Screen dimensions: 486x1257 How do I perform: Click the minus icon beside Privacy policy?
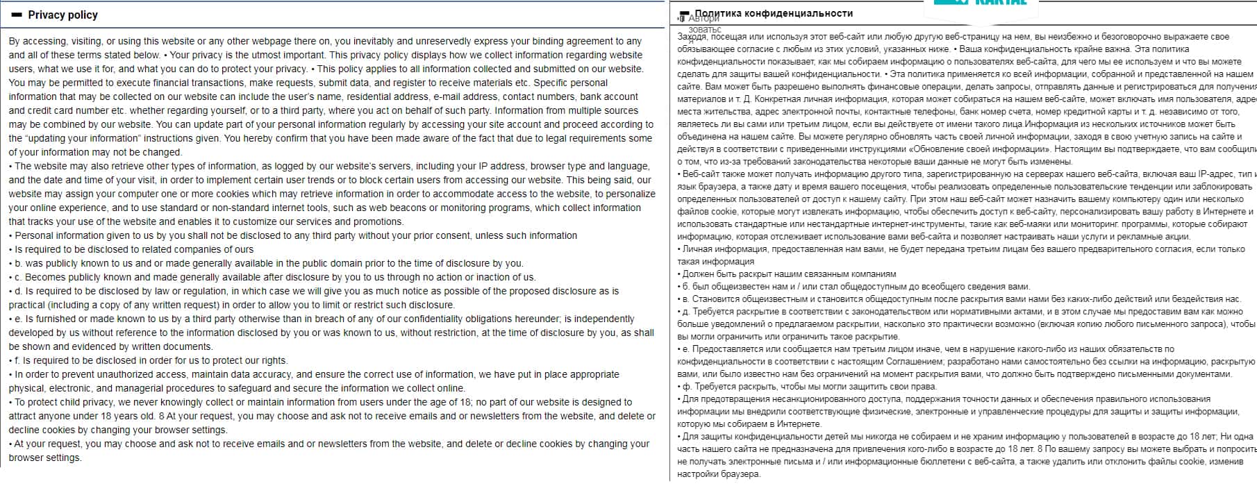[17, 15]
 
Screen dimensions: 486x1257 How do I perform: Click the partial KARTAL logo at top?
[985, 3]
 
